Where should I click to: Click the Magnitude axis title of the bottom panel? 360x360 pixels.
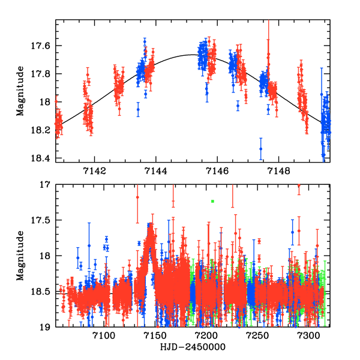(x=22, y=256)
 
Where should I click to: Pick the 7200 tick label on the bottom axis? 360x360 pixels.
(x=206, y=335)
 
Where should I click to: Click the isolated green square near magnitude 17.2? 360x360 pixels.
(x=212, y=201)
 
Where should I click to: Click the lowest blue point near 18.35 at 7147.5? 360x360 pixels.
(x=261, y=149)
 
